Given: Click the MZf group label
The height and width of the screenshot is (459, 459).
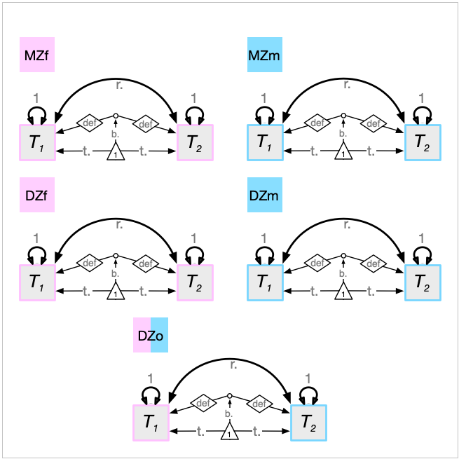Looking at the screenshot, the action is click(x=37, y=55).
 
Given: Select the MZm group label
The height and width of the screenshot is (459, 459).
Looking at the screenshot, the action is click(x=264, y=55).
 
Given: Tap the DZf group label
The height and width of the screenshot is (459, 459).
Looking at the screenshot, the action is click(x=37, y=196).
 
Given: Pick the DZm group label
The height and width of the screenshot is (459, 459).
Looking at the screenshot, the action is click(x=264, y=196).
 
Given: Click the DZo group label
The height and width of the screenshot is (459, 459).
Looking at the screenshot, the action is click(x=151, y=336).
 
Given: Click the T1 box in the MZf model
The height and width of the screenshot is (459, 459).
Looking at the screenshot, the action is click(x=37, y=142).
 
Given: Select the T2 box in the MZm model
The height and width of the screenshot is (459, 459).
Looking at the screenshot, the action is click(x=423, y=142).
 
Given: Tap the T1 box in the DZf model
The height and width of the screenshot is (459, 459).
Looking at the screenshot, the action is click(x=37, y=282).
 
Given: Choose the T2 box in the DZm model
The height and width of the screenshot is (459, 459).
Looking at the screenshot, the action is click(x=423, y=282).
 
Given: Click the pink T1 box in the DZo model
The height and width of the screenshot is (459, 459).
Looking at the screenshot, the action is click(x=151, y=423).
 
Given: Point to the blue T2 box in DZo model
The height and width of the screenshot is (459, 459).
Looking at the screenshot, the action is click(x=308, y=423).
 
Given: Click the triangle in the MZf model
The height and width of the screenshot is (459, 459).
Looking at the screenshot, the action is click(x=116, y=152).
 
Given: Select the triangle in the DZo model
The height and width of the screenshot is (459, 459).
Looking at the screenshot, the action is click(x=229, y=433).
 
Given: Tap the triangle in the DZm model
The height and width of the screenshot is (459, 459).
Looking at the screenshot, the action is click(x=343, y=293).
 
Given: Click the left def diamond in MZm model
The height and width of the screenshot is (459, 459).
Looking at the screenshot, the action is click(x=317, y=123).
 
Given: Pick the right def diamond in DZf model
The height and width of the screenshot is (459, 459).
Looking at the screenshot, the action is click(x=145, y=263).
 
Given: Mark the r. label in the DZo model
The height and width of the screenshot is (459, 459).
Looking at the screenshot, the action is click(x=233, y=365).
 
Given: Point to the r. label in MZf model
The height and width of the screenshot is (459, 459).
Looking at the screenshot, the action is click(x=119, y=85).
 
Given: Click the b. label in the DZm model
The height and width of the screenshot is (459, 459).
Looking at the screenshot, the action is click(x=343, y=273).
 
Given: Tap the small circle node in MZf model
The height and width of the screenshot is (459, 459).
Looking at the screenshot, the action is click(x=116, y=116).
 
